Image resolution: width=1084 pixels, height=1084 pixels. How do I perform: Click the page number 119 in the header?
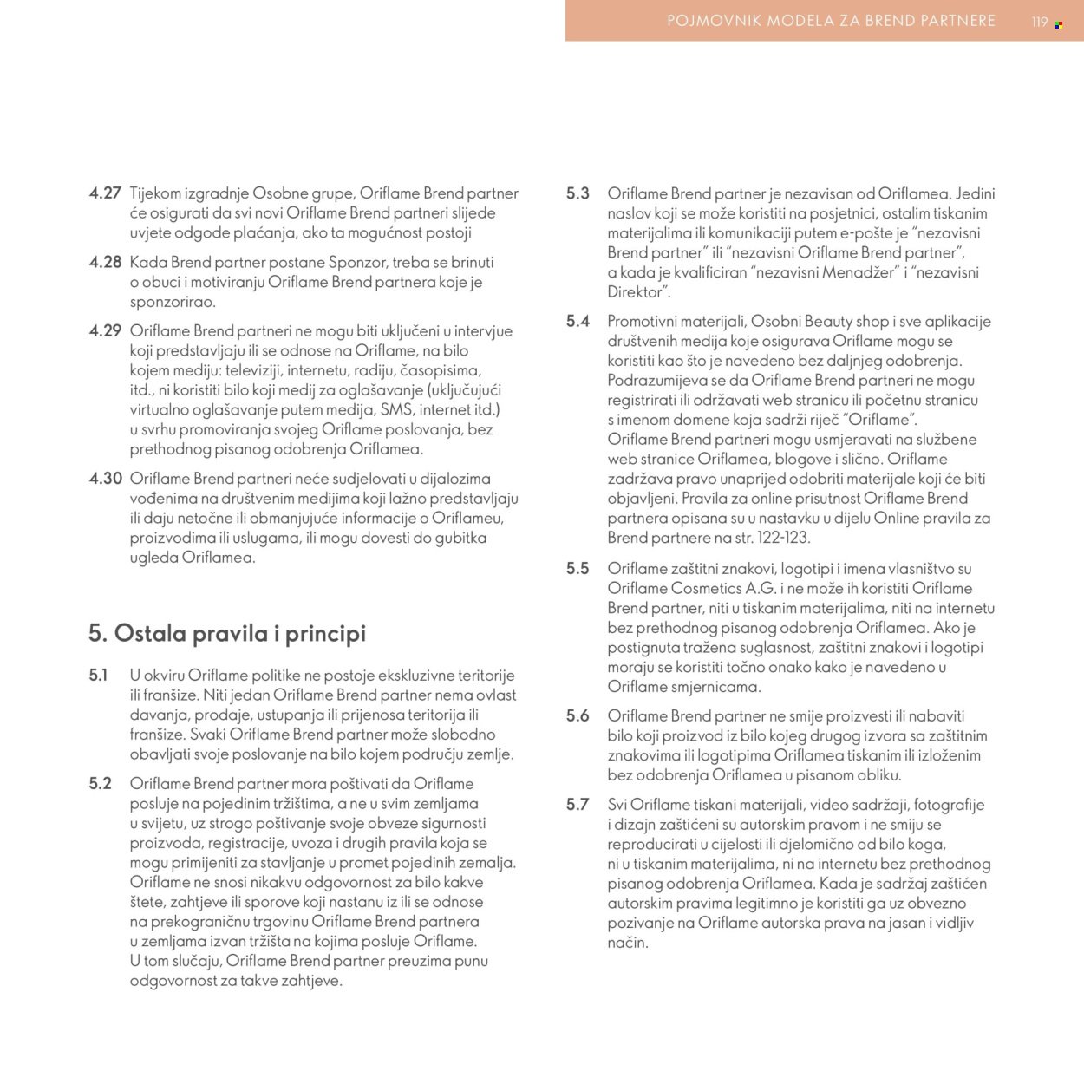[x=1040, y=22]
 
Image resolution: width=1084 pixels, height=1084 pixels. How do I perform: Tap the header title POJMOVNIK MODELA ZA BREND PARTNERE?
[x=831, y=21]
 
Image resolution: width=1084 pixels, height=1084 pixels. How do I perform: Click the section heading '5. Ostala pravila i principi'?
[x=227, y=633]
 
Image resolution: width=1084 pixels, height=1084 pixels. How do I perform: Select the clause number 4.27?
[x=105, y=193]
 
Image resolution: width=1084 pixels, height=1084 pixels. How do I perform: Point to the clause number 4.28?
[x=105, y=262]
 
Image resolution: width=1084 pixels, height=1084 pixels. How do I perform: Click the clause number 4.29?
[x=105, y=330]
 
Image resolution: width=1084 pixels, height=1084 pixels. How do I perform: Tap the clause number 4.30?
[x=105, y=478]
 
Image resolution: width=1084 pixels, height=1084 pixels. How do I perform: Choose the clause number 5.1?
[x=98, y=675]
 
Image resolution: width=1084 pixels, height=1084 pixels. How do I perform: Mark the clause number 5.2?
[x=100, y=783]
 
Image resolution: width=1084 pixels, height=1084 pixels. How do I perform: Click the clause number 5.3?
[x=578, y=193]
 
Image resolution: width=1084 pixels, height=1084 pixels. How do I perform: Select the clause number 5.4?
[x=578, y=321]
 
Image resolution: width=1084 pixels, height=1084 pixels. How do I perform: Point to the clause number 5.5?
[x=578, y=569]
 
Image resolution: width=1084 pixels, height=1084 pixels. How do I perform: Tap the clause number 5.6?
[x=578, y=715]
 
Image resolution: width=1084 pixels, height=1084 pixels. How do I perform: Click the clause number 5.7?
[x=578, y=804]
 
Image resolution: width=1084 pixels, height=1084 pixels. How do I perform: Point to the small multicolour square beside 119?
[x=1059, y=25]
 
